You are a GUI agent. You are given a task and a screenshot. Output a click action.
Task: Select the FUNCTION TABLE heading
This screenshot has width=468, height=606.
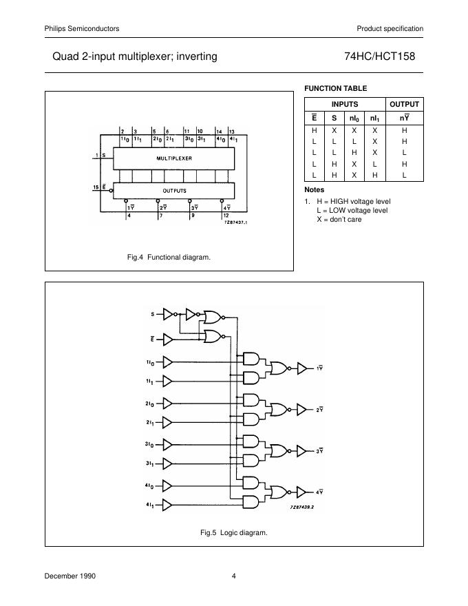(x=335, y=88)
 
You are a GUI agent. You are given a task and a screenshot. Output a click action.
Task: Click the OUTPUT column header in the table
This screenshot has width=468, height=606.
(x=404, y=104)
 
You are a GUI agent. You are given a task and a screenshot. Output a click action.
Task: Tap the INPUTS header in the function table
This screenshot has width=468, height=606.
(x=345, y=104)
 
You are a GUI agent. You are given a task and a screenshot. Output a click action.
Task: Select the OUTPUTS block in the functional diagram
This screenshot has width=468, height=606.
(x=174, y=190)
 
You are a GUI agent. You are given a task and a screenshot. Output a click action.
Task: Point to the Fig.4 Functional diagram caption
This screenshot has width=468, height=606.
(x=169, y=257)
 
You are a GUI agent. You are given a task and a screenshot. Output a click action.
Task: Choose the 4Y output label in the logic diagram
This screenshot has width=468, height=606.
(x=319, y=492)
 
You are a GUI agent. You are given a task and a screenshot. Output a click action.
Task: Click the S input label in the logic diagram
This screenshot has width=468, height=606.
(x=153, y=315)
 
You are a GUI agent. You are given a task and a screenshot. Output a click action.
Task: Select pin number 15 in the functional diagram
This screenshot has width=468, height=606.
(x=96, y=186)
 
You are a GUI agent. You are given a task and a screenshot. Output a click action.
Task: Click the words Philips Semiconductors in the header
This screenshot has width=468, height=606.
(x=82, y=28)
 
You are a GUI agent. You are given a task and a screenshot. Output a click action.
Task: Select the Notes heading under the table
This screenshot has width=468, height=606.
(x=314, y=189)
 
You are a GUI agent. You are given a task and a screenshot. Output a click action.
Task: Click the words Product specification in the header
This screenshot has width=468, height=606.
(x=390, y=28)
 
